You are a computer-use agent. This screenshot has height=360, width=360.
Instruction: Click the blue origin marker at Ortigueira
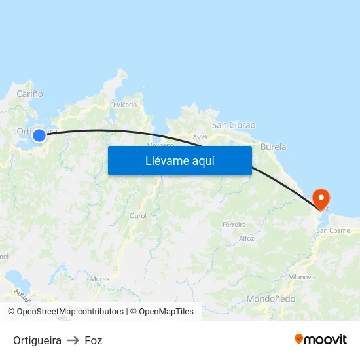[x=39, y=135]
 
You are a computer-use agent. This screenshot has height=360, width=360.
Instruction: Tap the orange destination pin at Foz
[x=321, y=198]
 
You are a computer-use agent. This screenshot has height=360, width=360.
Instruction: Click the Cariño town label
[x=29, y=94]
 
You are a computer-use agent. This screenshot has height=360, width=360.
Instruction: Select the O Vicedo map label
[x=123, y=104]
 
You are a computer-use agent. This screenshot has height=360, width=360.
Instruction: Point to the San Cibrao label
[x=234, y=125]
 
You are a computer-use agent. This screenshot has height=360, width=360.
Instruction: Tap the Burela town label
[x=273, y=147]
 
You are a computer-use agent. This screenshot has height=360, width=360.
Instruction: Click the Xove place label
[x=200, y=136]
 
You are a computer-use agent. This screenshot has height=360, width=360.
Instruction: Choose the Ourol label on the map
[x=138, y=215]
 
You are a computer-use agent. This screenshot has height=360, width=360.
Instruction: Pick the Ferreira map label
[x=234, y=225]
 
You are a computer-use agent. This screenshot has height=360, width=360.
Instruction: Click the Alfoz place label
[x=246, y=238]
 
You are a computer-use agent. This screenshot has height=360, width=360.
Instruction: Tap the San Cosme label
[x=333, y=230]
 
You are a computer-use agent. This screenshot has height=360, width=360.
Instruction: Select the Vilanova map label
[x=302, y=277]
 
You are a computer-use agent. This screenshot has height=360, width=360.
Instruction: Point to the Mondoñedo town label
[x=270, y=299]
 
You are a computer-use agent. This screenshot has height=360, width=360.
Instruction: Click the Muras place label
[x=99, y=279]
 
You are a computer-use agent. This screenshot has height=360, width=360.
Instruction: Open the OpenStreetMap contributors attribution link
[x=69, y=312]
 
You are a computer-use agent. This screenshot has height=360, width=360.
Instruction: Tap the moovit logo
[x=320, y=339]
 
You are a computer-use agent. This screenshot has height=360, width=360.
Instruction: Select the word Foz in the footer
[x=94, y=340]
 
